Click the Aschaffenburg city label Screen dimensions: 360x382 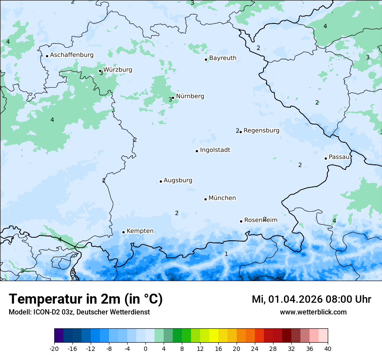72,55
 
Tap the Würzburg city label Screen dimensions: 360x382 118,70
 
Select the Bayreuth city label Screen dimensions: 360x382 223,58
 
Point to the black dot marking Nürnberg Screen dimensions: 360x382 173,98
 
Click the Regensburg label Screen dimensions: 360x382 261,131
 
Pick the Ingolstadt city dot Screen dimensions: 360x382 197,151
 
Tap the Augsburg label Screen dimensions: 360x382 178,180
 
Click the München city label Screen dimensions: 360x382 222,198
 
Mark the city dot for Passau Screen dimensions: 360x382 326,158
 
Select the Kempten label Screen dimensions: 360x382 140,231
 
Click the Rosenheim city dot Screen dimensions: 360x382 241,221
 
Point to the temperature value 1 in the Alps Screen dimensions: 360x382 226,254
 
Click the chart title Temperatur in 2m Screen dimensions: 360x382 86,299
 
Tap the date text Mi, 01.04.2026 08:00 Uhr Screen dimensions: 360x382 311,299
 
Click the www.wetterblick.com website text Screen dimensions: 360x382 313,312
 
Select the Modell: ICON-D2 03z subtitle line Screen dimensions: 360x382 79,312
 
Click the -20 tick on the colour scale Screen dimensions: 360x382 54,348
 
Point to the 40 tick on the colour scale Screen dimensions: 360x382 328,348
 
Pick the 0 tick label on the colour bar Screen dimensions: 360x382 145,348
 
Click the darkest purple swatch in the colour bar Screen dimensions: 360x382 59,336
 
